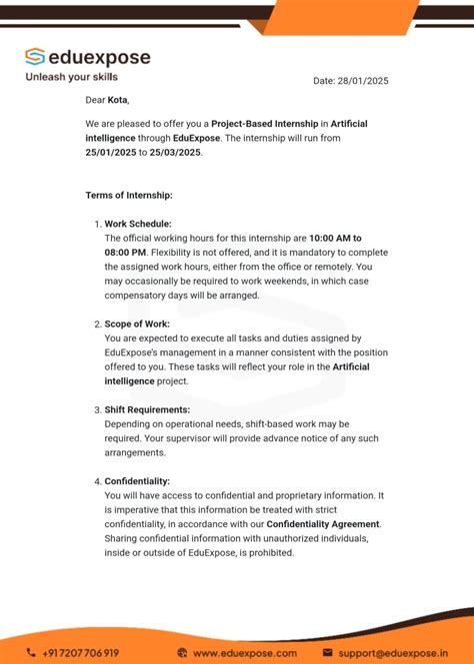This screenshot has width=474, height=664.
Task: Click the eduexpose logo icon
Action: [35, 57]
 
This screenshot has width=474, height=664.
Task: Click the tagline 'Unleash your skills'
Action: [71, 77]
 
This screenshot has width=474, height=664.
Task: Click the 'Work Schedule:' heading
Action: [138, 224]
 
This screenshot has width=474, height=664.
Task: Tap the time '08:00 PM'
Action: [124, 253]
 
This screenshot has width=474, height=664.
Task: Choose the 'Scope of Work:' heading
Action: [137, 325]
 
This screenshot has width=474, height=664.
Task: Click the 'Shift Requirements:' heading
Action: [147, 410]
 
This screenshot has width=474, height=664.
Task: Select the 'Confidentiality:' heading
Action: [137, 481]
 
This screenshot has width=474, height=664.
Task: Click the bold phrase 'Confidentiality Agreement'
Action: [323, 524]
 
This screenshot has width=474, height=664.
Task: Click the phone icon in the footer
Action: [30, 653]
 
